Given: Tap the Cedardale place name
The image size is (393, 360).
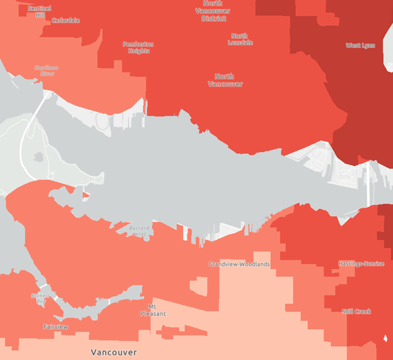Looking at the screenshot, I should (x=65, y=21).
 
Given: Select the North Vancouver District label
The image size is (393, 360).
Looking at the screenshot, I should (x=214, y=11).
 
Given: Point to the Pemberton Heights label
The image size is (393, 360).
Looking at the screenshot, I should (x=138, y=47).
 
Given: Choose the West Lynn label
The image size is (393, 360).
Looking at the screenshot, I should (x=360, y=45).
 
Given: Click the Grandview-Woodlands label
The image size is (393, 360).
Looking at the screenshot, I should (x=239, y=264).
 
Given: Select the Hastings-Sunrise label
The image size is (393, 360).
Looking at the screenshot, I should (x=361, y=264).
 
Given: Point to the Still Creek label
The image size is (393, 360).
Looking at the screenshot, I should (x=356, y=311).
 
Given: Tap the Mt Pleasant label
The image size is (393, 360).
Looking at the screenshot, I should (x=152, y=310).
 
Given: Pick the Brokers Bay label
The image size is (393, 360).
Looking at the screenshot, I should (x=40, y=298).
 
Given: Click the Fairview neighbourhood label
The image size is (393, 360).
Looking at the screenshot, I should (x=55, y=327).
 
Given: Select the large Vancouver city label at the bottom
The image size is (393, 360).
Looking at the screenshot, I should (x=113, y=352).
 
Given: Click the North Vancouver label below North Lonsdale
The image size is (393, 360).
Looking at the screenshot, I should (x=225, y=79).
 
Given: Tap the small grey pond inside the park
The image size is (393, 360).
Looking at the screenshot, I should (x=39, y=156).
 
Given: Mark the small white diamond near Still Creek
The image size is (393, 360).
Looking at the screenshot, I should (x=384, y=341).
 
